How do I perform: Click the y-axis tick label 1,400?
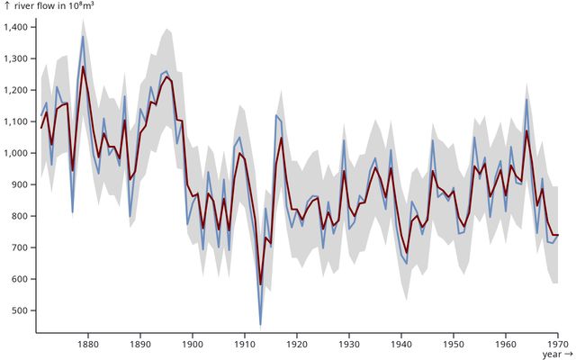(16, 28)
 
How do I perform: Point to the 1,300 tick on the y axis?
(16, 59)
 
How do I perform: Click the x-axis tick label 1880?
(87, 343)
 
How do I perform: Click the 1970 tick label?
(557, 343)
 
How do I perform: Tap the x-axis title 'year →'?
(556, 355)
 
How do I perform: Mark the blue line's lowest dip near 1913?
(260, 324)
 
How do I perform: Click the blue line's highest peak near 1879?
(83, 37)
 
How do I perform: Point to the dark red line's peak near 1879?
(83, 67)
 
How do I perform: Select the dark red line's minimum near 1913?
(260, 284)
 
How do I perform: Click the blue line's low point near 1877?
(72, 211)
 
